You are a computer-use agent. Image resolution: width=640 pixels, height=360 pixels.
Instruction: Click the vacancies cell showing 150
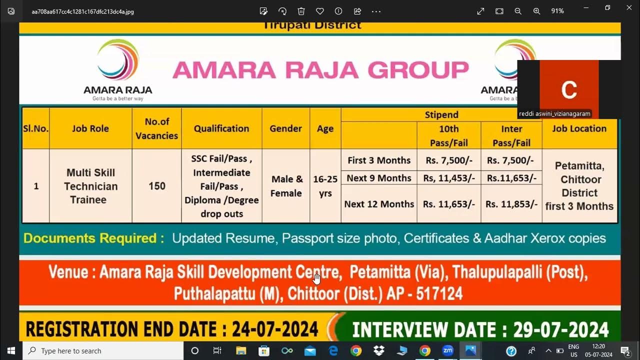(156, 186)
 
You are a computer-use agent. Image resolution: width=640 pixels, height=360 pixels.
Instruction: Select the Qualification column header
(221, 128)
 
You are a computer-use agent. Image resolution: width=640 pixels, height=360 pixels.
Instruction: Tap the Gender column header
(285, 128)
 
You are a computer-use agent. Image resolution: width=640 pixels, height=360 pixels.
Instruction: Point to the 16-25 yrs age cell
(325, 186)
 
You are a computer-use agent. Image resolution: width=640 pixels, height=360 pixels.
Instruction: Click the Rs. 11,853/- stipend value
(511, 204)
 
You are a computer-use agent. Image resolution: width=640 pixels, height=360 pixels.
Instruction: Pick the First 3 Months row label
(379, 160)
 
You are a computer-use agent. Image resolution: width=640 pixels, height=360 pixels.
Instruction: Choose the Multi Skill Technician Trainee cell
(90, 186)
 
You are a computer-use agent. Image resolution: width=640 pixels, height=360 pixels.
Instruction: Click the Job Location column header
(579, 128)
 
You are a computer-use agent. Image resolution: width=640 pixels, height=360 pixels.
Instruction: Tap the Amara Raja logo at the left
(118, 69)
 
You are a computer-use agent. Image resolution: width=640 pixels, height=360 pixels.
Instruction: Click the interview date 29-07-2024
(560, 330)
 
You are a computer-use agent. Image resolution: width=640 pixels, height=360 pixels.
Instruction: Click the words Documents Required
(93, 238)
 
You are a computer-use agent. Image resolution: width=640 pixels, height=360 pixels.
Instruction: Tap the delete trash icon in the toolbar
(301, 11)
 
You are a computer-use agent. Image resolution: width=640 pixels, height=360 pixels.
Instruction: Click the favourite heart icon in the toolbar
(320, 11)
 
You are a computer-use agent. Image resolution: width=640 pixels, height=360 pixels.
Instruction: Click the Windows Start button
(11, 351)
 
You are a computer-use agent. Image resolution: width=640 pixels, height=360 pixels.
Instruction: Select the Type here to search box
(103, 351)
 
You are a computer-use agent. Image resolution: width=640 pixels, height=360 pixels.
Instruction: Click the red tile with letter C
(569, 89)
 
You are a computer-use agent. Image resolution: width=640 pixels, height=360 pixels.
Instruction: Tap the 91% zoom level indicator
(557, 11)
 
